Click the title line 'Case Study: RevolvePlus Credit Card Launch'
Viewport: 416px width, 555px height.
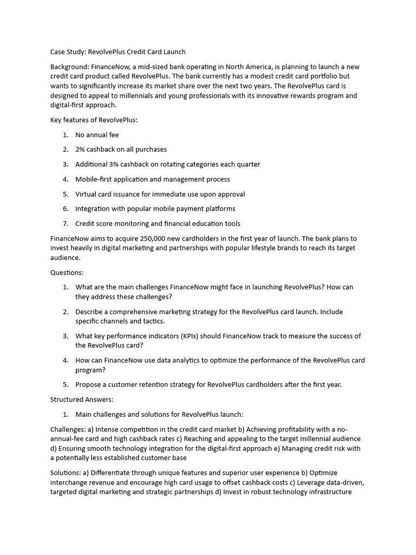[x=118, y=52]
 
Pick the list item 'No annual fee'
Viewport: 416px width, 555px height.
[x=97, y=135]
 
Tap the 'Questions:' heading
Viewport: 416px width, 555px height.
[x=67, y=273]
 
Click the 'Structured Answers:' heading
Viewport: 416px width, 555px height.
[x=82, y=399]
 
